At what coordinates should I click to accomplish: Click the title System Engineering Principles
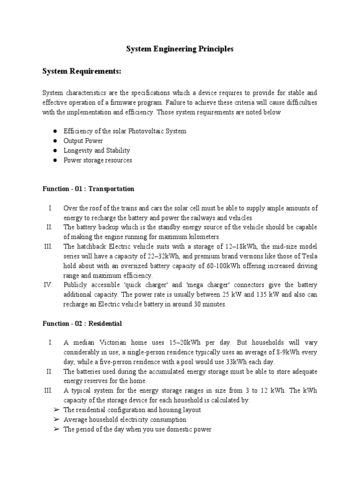point(180,49)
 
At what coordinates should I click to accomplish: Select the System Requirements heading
point(82,71)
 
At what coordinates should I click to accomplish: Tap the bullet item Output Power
point(83,141)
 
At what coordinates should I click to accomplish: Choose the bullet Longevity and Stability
point(97,150)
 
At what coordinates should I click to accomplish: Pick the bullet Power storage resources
point(98,160)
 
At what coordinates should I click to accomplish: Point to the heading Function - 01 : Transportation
point(88,189)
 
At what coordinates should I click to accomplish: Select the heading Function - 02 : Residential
point(82,323)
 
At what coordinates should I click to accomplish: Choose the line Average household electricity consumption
point(125,420)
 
